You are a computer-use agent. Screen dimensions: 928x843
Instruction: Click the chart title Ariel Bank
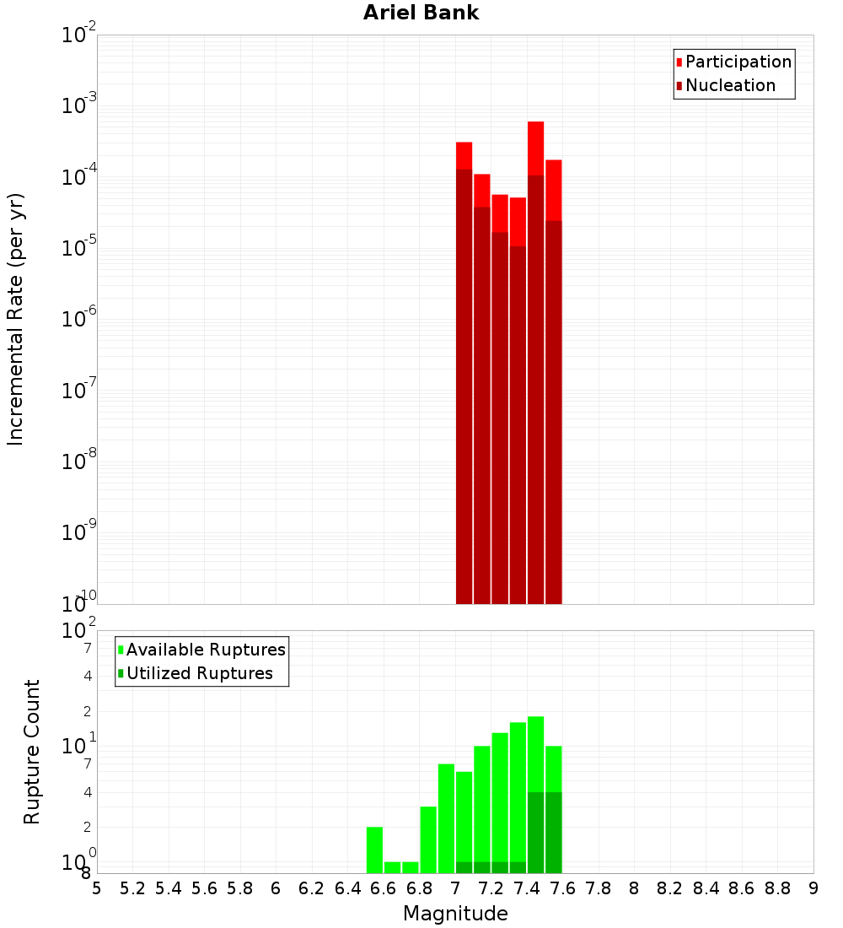tap(421, 13)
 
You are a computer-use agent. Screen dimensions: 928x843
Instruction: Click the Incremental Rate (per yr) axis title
tap(15, 319)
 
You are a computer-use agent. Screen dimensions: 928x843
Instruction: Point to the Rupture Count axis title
tap(32, 751)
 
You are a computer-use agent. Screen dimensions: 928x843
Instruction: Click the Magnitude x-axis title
tap(455, 914)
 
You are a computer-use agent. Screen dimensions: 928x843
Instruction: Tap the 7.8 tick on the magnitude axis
tap(599, 888)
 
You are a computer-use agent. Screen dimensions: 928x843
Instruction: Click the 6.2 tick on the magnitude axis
tap(311, 888)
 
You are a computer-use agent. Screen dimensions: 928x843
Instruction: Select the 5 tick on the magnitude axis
tap(97, 888)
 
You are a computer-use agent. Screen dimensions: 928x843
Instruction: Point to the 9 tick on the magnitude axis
tap(813, 888)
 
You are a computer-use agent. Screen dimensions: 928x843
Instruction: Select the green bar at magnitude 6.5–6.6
tap(374, 850)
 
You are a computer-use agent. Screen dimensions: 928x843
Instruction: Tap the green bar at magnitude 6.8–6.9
tap(428, 839)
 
